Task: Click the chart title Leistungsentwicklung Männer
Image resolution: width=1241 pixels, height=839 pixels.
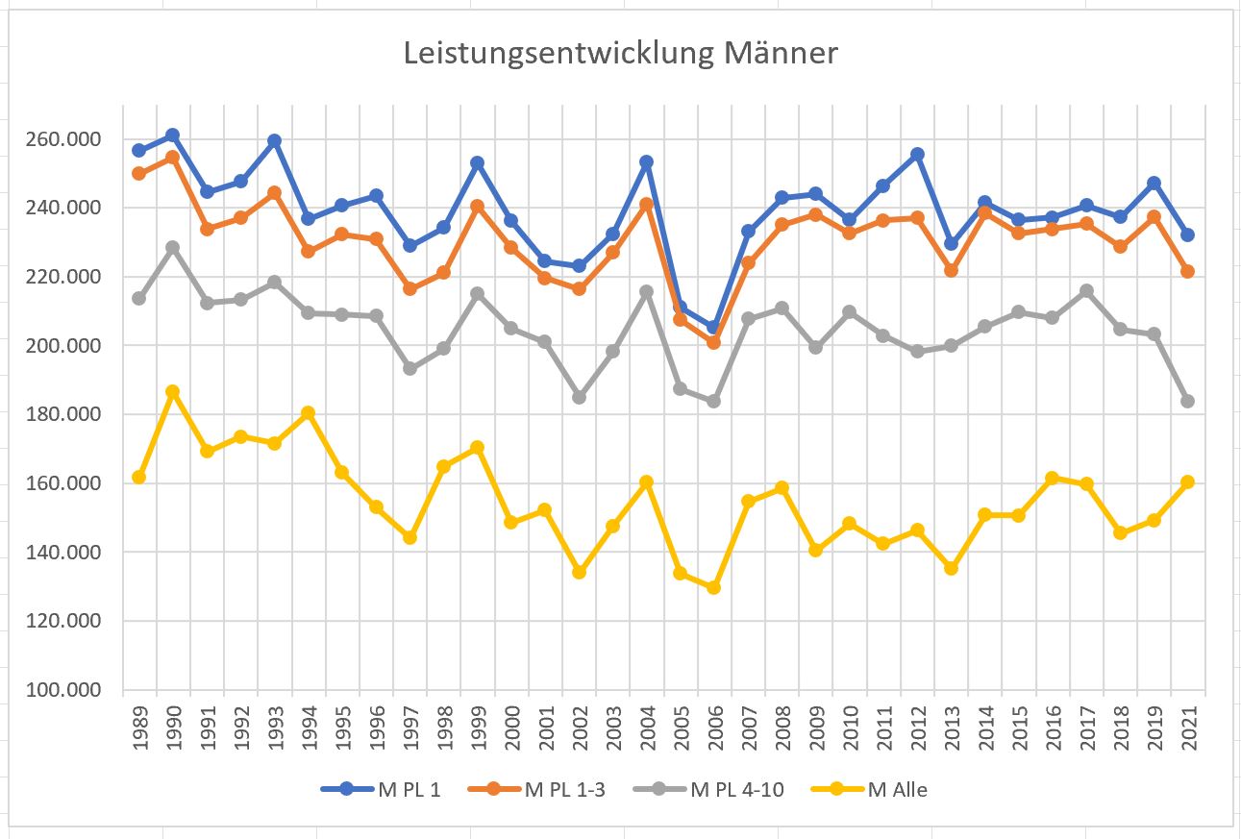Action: point(620,54)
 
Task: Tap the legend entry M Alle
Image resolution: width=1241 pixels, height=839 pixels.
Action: point(897,790)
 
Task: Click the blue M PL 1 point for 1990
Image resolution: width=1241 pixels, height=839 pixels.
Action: point(172,136)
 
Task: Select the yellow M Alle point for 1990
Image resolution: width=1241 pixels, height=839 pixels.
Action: point(172,392)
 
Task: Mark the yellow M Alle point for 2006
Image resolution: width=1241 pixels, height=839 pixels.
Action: point(713,587)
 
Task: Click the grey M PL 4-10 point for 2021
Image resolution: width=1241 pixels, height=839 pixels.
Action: point(1187,401)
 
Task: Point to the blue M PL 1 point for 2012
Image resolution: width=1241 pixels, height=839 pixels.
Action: point(917,154)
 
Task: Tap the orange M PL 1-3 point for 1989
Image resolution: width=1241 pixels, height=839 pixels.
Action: point(138,173)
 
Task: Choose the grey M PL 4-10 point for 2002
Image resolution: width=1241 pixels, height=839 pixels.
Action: point(579,397)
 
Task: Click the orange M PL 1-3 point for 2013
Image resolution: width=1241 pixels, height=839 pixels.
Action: point(951,270)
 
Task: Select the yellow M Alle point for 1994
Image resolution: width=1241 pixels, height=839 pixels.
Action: point(308,413)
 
